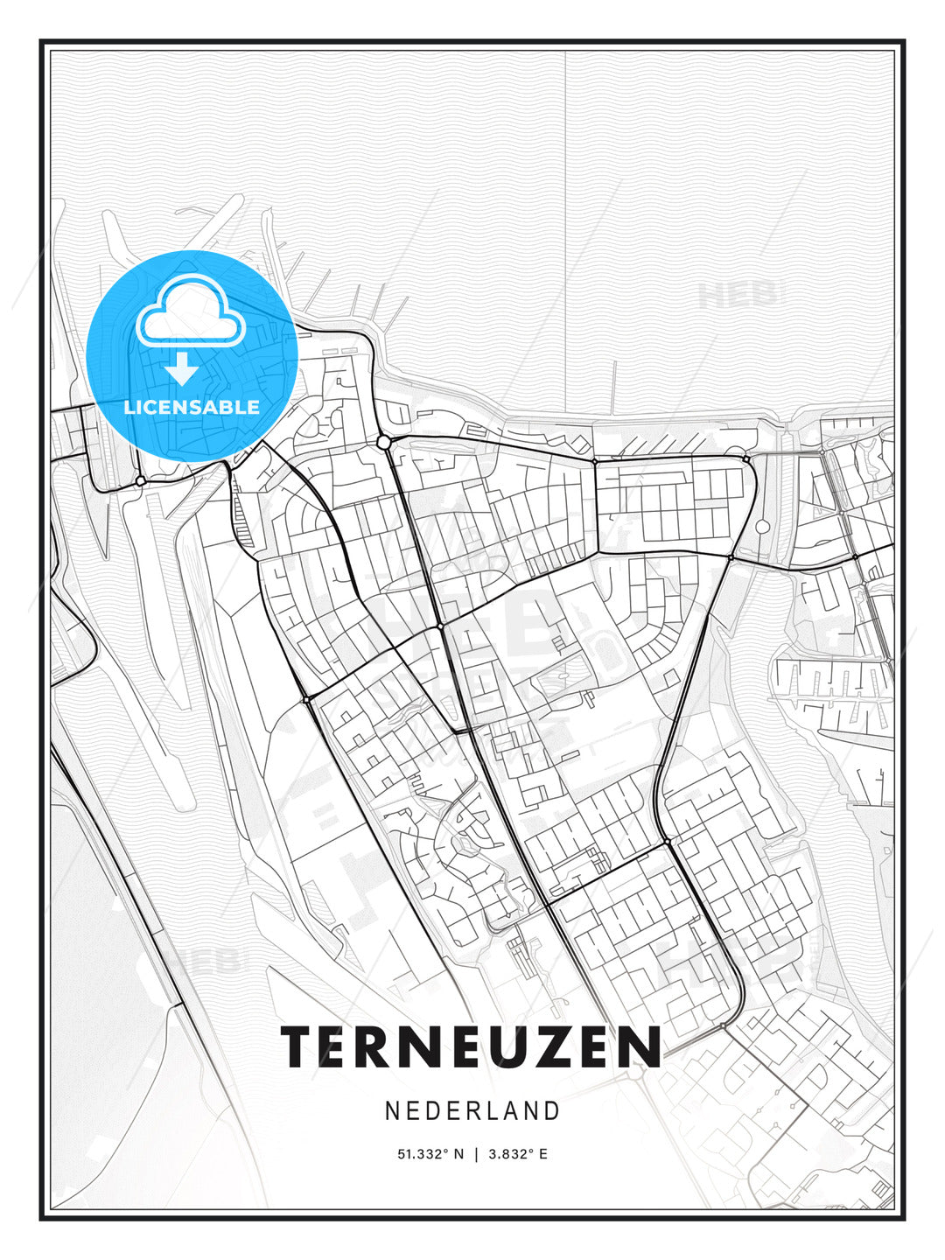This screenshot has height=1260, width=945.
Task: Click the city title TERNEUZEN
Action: (x=472, y=1046)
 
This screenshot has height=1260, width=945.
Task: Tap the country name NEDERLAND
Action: (x=472, y=1111)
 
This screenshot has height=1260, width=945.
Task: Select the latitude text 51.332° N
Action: (x=430, y=1154)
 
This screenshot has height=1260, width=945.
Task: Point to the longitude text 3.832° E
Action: (x=518, y=1154)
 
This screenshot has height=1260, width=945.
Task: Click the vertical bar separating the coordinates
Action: (x=476, y=1154)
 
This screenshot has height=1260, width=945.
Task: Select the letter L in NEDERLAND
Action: (x=489, y=1111)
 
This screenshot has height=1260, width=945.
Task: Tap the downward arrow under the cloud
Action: (x=182, y=368)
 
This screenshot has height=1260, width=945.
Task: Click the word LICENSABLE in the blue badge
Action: (x=192, y=407)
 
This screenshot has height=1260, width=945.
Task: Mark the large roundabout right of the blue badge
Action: (x=383, y=443)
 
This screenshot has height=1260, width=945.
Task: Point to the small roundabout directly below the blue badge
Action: (x=140, y=481)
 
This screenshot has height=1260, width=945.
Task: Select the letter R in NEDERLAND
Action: (x=468, y=1111)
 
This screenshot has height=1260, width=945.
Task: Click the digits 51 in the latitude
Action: (x=405, y=1154)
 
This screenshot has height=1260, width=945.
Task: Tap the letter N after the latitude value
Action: (x=458, y=1154)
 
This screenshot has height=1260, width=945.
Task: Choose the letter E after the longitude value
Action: (x=543, y=1154)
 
